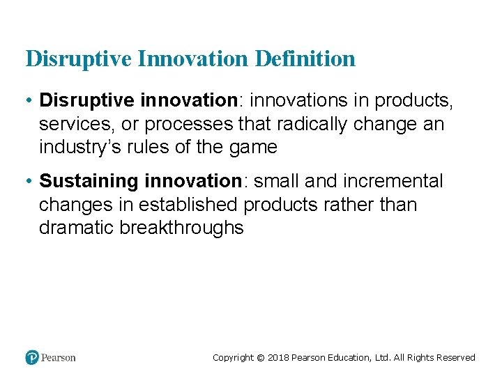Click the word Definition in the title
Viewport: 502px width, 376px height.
coord(305,58)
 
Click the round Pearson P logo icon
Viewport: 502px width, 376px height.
coord(32,357)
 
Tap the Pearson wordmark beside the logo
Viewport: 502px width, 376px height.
coord(58,358)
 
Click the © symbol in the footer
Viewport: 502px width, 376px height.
coord(261,358)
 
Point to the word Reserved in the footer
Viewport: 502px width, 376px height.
coord(455,358)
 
